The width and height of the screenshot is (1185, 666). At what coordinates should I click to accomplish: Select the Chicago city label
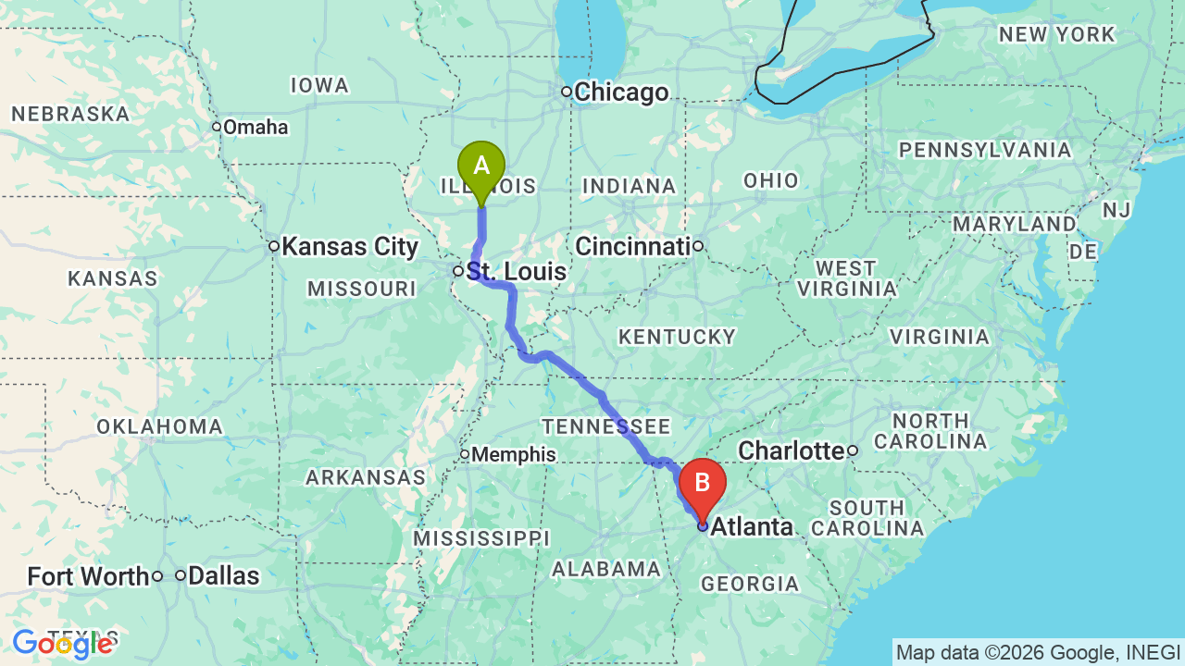pos(620,92)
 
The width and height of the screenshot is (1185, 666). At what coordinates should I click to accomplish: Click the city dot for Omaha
pos(217,127)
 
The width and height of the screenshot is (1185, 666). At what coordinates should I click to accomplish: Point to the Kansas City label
pos(350,247)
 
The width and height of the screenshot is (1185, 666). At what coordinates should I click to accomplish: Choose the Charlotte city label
pos(792,450)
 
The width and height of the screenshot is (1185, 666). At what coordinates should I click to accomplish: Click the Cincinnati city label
pos(633,246)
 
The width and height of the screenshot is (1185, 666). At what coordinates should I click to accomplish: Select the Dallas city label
pos(223,575)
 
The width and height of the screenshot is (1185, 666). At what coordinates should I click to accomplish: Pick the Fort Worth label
pos(88,576)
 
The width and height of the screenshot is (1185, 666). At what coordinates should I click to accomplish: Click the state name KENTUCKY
pos(677,337)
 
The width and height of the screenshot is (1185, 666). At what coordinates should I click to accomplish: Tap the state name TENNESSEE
pos(606,426)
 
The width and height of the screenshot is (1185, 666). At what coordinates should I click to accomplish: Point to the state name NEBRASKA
pos(70,115)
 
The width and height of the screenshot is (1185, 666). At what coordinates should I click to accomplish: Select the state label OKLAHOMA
pos(160,426)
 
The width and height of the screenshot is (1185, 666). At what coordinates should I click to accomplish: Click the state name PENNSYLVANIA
pos(985,150)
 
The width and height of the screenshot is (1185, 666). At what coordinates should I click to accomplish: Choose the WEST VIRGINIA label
pos(846,278)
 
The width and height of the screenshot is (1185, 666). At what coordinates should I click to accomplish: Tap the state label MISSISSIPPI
pos(481,538)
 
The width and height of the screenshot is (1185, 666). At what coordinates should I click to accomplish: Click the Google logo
pos(63,644)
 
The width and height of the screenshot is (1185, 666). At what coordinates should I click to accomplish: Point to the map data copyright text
pos(1038,652)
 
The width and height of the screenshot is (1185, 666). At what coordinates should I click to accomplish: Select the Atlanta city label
pos(752,527)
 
